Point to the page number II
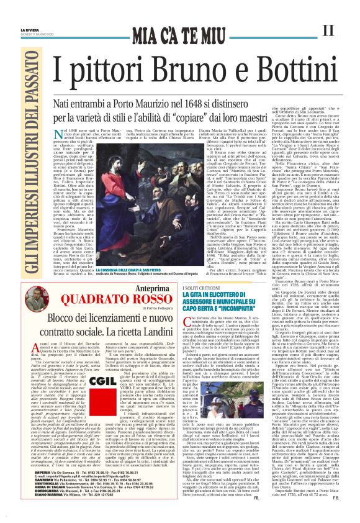330,29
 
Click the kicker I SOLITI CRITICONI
199,290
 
